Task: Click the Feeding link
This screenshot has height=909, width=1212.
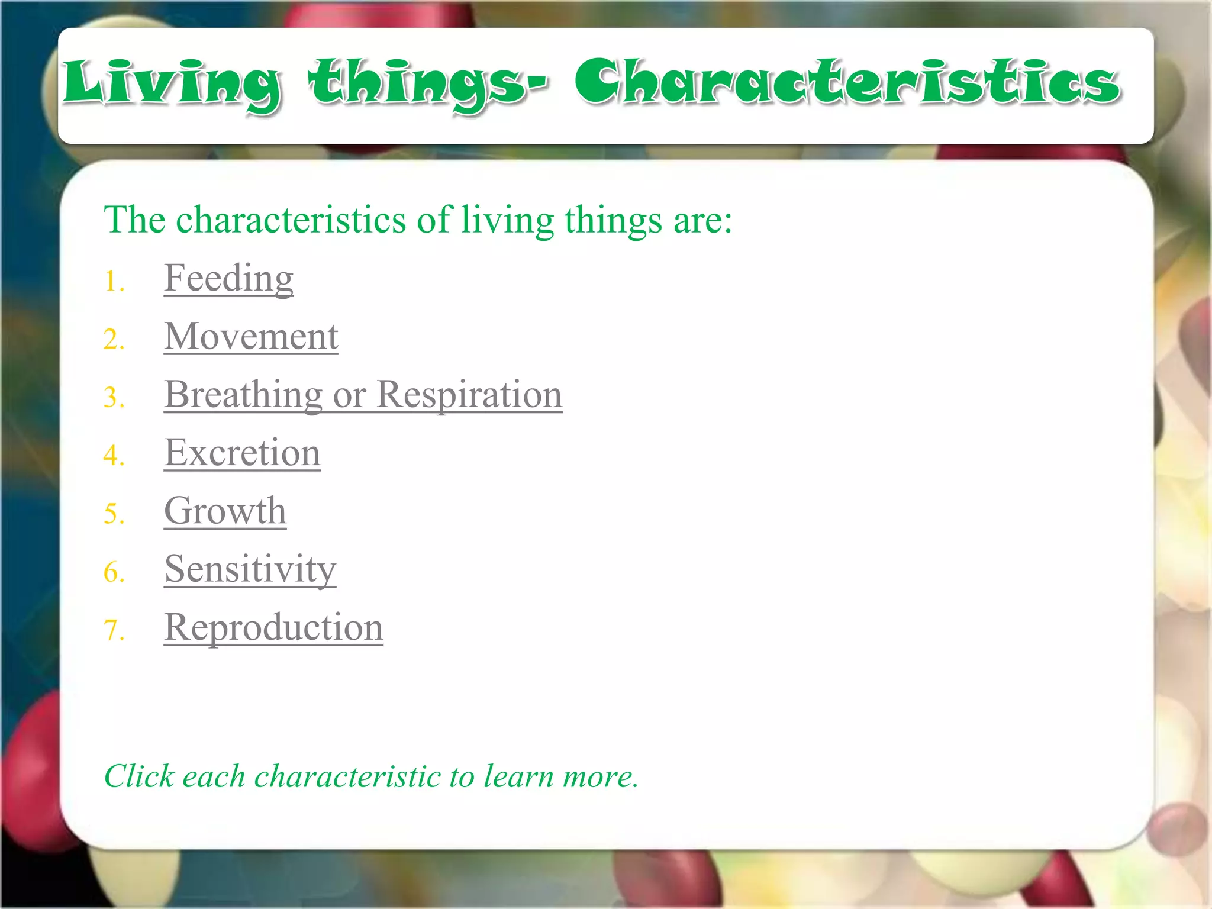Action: pos(228,278)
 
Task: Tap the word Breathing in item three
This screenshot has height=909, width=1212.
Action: pos(243,395)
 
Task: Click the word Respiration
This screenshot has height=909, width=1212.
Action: pos(469,395)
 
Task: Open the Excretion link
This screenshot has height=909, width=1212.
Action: pos(242,453)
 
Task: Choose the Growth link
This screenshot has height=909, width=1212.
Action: pos(225,511)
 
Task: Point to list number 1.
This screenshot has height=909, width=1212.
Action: pos(114,281)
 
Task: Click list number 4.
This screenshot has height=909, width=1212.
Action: pos(114,456)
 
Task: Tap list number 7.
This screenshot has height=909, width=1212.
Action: pos(114,630)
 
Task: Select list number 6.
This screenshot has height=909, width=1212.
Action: pos(114,572)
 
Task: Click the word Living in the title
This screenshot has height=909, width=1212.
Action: pos(172,83)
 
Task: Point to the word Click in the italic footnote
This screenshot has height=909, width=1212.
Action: pos(139,776)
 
